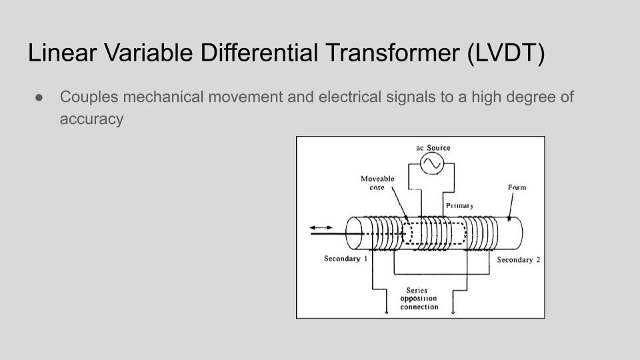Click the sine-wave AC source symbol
[x=432, y=163]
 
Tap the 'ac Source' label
[x=433, y=148]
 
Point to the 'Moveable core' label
[x=377, y=183]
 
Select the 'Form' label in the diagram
[x=517, y=187]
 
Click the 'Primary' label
[x=459, y=206]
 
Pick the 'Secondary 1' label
[x=346, y=259]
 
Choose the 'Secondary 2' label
[x=519, y=259]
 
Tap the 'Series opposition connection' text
[x=419, y=299]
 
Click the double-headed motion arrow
[x=321, y=227]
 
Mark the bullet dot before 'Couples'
[x=39, y=97]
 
